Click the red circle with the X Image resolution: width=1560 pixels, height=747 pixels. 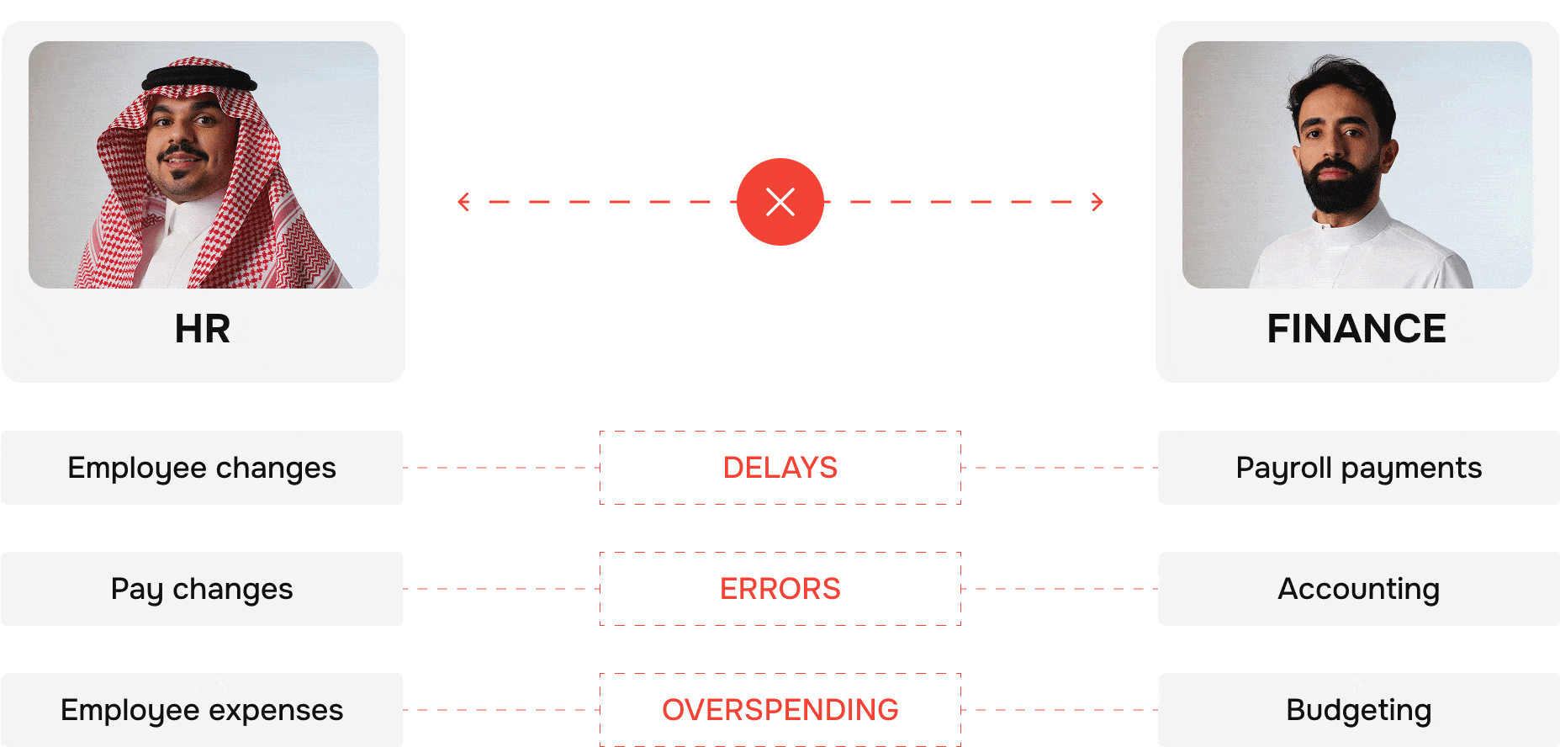pos(780,202)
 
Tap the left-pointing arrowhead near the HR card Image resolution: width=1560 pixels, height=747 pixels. pos(463,202)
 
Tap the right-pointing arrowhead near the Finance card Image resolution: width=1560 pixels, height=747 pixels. pos(1097,202)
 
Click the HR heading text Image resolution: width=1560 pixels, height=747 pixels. pos(202,329)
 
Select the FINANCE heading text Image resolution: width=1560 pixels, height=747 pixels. pos(1356,329)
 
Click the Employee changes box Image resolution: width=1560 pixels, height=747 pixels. pos(202,468)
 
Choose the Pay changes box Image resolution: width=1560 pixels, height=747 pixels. pos(202,589)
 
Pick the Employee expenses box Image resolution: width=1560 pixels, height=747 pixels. pos(202,710)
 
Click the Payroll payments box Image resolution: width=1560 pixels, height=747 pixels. pos(1358,468)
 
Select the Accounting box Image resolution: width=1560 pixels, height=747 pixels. pos(1358,589)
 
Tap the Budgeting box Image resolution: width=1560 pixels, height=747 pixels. pos(1358,710)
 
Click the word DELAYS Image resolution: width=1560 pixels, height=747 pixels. pos(780,468)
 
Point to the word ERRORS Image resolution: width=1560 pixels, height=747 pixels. pos(780,589)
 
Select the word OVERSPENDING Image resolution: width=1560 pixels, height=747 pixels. pos(780,710)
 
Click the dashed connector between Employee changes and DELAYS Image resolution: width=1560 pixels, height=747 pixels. pos(501,468)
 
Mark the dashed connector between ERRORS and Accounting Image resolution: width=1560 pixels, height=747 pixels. pos(1060,589)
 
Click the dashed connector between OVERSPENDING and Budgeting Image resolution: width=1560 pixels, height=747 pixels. pos(1060,710)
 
